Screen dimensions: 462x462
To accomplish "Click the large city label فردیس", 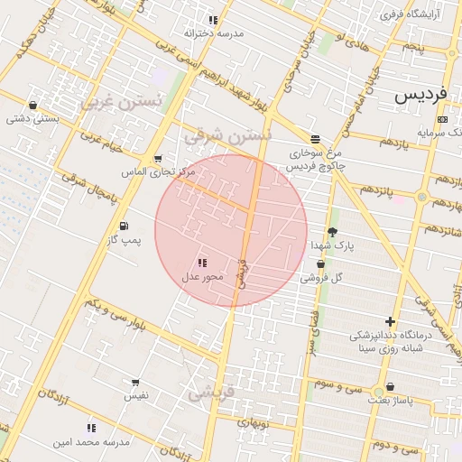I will [x=420, y=94].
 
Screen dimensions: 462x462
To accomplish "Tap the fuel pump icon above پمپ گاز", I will [x=123, y=226].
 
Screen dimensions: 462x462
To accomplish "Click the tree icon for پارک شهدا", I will [x=332, y=232].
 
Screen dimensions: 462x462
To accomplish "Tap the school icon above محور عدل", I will [x=202, y=262].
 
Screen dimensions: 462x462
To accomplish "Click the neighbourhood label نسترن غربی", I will [x=121, y=101].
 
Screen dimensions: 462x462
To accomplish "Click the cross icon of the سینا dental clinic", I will [x=390, y=321].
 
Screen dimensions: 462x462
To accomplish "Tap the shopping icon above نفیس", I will [x=135, y=383].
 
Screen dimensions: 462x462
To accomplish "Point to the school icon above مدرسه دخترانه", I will [x=213, y=19].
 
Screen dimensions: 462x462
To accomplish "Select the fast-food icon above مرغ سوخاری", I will [x=314, y=139].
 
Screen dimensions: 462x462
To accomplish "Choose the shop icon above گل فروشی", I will [x=320, y=264].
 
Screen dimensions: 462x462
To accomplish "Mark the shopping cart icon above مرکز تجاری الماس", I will [x=158, y=159].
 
